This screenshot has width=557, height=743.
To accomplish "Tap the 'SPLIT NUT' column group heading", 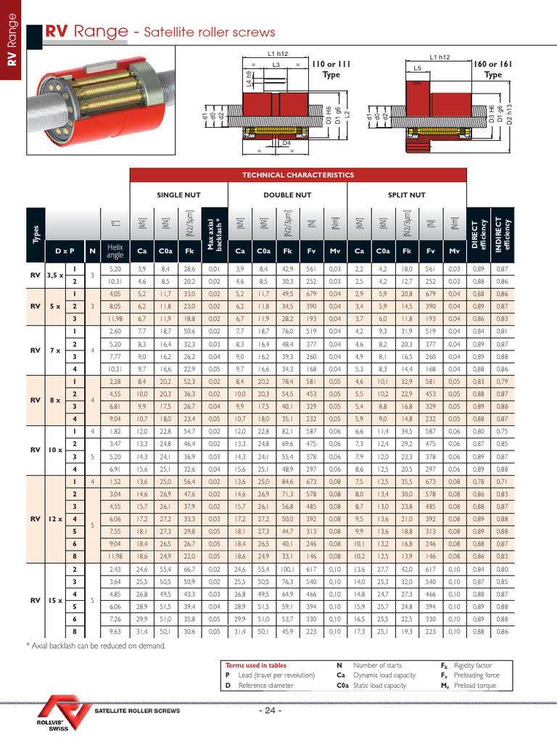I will click(407, 194).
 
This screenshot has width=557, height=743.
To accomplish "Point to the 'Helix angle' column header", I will click(115, 251).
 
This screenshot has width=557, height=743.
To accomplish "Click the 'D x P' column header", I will click(65, 251).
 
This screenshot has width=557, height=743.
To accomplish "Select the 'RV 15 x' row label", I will click(44, 600).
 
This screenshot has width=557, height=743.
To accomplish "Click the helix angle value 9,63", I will click(115, 631).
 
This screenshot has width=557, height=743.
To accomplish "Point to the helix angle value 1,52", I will click(115, 480).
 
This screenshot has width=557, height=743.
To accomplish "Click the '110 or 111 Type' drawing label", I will click(331, 69).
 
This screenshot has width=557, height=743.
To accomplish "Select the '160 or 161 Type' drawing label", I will click(492, 69).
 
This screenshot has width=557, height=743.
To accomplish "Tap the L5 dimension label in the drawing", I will click(418, 67).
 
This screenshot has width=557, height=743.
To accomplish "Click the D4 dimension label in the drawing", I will click(286, 143).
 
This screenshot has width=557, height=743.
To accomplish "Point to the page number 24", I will click(270, 710).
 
